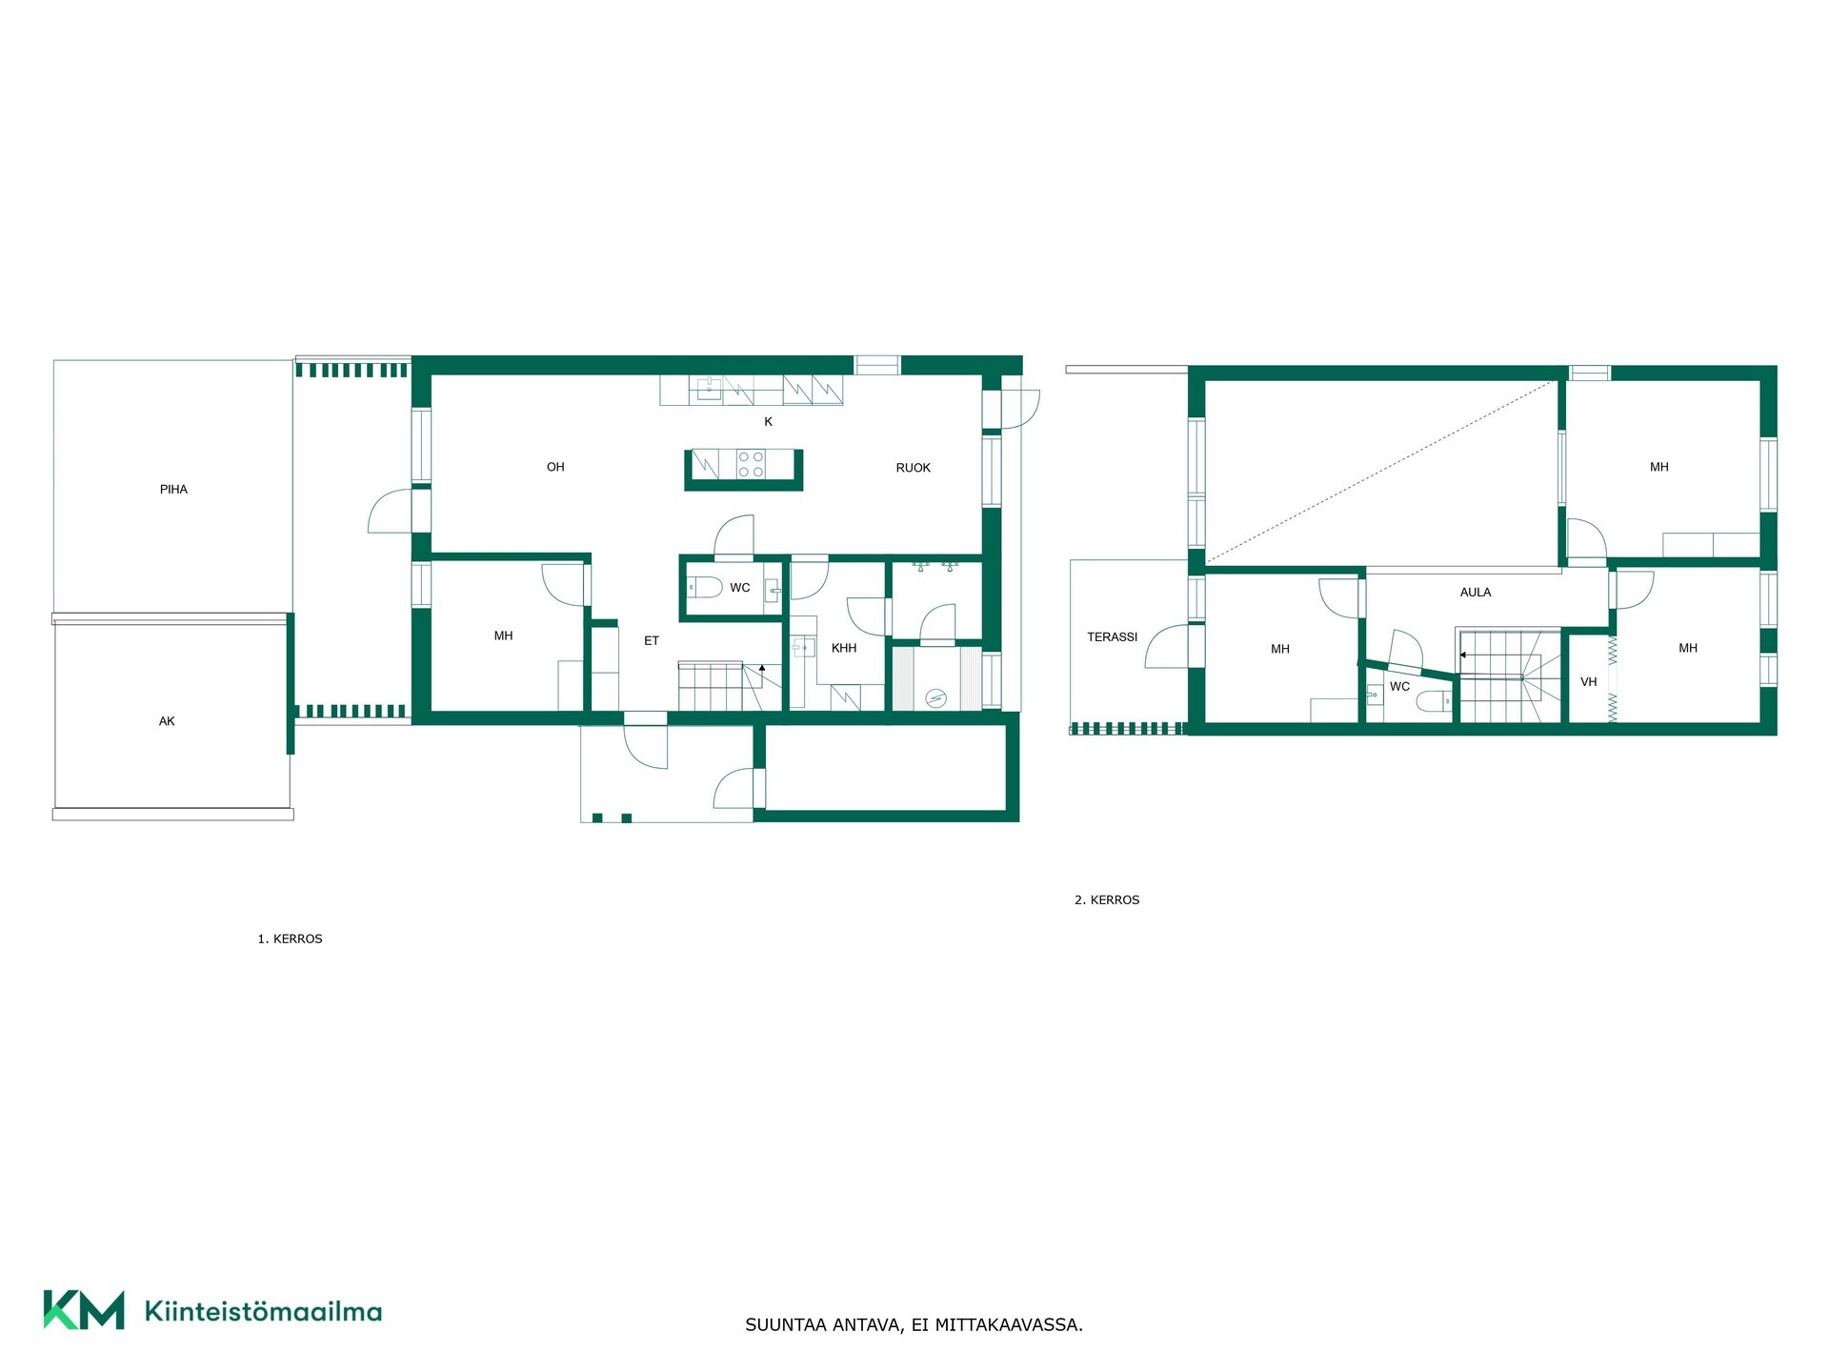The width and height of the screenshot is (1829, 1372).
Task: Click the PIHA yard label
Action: click(173, 490)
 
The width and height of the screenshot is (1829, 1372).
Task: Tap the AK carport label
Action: click(167, 722)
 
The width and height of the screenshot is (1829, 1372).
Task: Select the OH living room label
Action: click(555, 467)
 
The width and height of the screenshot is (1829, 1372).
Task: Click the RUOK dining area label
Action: click(913, 468)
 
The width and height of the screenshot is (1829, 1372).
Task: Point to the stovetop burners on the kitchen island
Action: click(752, 464)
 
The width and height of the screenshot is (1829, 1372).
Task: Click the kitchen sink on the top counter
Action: click(709, 388)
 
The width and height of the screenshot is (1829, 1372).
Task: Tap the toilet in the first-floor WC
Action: click(706, 586)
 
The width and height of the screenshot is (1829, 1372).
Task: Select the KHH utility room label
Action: click(844, 648)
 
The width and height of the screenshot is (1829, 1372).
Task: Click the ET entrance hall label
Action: click(652, 641)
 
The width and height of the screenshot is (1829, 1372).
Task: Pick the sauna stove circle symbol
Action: click(938, 698)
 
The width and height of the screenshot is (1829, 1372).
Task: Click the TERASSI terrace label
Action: click(1113, 637)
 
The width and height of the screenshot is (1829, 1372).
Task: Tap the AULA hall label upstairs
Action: click(1476, 593)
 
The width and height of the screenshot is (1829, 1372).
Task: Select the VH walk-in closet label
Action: click(1588, 682)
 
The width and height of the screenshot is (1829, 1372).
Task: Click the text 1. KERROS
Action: click(290, 939)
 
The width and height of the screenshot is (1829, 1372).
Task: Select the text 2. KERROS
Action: click(1107, 900)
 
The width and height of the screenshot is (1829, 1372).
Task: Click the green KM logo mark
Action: click(84, 1310)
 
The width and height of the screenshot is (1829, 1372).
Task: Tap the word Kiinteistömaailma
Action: click(263, 1311)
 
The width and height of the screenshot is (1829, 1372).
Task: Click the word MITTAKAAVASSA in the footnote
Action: click(1009, 1325)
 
